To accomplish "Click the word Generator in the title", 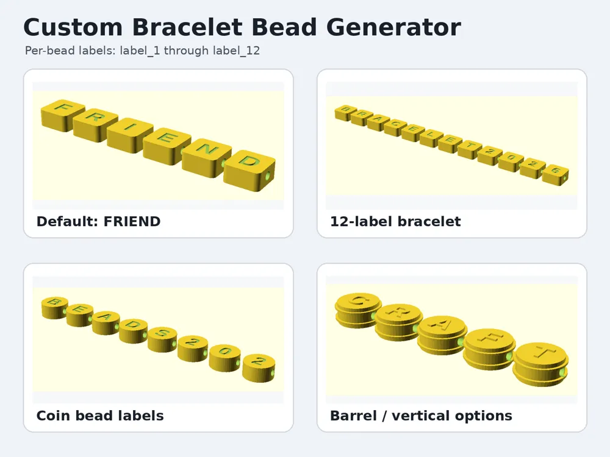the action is tap(393, 27).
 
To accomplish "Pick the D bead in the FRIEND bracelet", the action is tap(249, 170).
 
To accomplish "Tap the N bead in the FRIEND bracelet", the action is tap(207, 157).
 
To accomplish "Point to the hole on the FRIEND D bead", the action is tap(268, 176).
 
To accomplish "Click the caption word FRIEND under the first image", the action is tap(132, 222).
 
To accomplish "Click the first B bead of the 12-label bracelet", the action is tap(343, 113).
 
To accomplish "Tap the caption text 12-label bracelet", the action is tap(395, 222).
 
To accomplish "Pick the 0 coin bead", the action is tap(225, 358).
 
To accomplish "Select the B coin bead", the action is tap(55, 307).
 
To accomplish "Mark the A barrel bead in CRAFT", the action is tap(442, 335).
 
